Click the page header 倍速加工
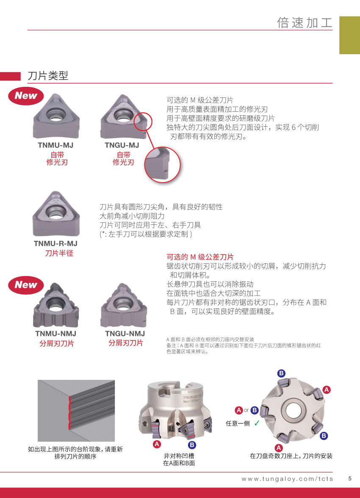(305, 23)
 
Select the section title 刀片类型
(48, 75)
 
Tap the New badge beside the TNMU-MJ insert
(26, 96)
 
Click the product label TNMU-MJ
(55, 145)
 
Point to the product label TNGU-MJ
(122, 145)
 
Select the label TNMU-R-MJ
(55, 243)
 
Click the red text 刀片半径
(59, 253)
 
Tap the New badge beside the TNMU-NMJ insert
(26, 285)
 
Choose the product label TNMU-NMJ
(55, 334)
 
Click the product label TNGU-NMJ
(125, 334)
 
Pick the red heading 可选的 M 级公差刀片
(200, 257)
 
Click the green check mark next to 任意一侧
(257, 423)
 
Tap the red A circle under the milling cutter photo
(157, 444)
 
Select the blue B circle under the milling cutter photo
(192, 445)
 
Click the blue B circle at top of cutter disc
(281, 373)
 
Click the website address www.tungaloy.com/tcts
(287, 479)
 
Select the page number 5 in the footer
(350, 479)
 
